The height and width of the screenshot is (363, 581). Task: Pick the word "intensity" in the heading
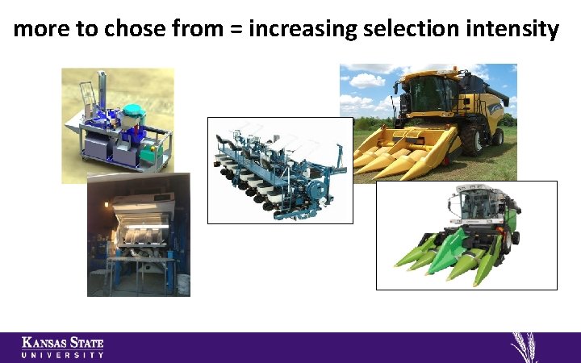click(x=513, y=31)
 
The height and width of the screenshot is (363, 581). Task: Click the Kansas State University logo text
click(x=63, y=347)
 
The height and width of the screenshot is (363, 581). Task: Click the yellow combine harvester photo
click(x=428, y=121)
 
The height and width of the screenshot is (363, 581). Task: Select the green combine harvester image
click(x=466, y=235)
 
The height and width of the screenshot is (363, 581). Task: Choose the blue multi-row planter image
click(x=280, y=170)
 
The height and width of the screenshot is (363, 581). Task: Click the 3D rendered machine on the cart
click(x=118, y=125)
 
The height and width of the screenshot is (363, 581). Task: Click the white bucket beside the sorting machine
click(x=183, y=283)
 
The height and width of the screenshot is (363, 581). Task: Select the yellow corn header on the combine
click(x=400, y=152)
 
